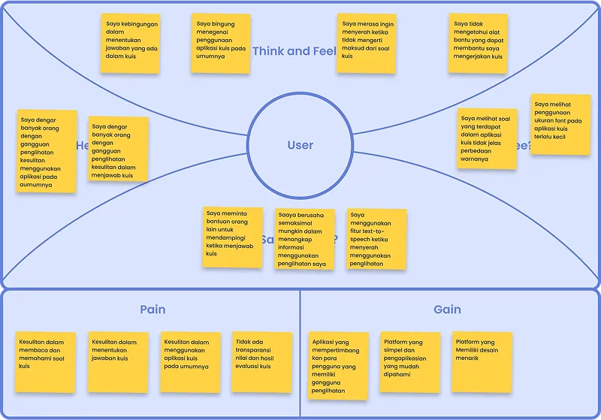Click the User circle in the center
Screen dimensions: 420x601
300,145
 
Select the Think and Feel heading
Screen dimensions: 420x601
292,51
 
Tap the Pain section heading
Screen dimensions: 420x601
153,310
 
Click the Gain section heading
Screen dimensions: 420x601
447,310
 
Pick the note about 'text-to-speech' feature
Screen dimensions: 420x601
376,239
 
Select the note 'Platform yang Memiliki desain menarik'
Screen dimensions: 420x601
482,361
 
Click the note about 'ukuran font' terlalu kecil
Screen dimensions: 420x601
560,124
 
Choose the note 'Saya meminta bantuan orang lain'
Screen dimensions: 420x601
233,237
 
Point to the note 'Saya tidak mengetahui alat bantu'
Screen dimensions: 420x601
478,44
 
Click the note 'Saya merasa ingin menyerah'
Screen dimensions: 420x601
366,44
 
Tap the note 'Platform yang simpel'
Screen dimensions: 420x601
409,361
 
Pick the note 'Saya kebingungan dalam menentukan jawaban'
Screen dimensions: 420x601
131,44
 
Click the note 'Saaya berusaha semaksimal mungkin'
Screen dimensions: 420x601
304,239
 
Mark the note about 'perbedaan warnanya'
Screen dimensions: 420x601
487,138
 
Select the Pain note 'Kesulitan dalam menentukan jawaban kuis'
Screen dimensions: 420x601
118,361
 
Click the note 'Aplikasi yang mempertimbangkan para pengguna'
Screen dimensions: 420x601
339,365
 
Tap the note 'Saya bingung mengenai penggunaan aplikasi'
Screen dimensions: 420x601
220,44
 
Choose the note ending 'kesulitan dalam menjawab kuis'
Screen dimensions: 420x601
118,149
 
